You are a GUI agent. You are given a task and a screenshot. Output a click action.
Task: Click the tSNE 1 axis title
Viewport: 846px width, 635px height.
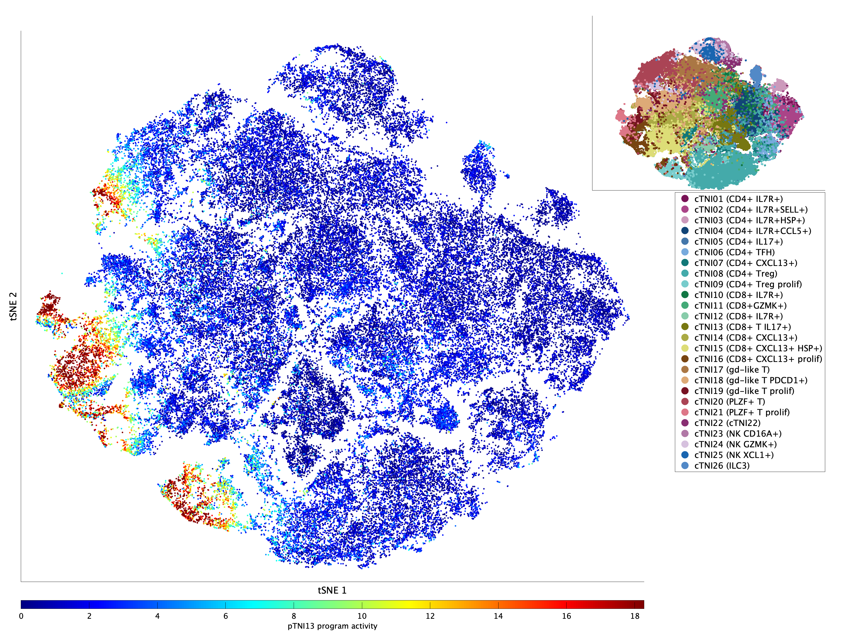pyautogui.click(x=332, y=590)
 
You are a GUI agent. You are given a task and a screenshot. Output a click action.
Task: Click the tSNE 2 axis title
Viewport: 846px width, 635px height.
pyautogui.click(x=13, y=306)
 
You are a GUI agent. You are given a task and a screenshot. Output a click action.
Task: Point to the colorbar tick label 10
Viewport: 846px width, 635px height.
pyautogui.click(x=362, y=616)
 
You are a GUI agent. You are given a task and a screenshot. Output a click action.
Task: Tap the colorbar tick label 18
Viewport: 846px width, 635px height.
pyautogui.click(x=635, y=616)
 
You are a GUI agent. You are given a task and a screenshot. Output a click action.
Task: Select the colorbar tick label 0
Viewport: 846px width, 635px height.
pyautogui.click(x=21, y=616)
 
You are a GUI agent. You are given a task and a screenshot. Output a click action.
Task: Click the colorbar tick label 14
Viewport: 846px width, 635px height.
pyautogui.click(x=498, y=616)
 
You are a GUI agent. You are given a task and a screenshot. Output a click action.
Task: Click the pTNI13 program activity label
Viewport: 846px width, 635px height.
pyautogui.click(x=332, y=626)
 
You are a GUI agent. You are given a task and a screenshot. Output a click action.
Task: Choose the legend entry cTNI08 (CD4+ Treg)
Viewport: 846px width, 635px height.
pyautogui.click(x=736, y=274)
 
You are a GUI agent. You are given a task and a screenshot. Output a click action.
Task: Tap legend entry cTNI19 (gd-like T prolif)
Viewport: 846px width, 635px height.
pyautogui.click(x=744, y=391)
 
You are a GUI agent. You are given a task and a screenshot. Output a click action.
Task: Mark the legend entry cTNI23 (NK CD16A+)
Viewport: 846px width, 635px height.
pyautogui.click(x=738, y=434)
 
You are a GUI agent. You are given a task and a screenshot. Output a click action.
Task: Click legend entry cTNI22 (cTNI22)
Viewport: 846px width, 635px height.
pyautogui.click(x=727, y=423)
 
